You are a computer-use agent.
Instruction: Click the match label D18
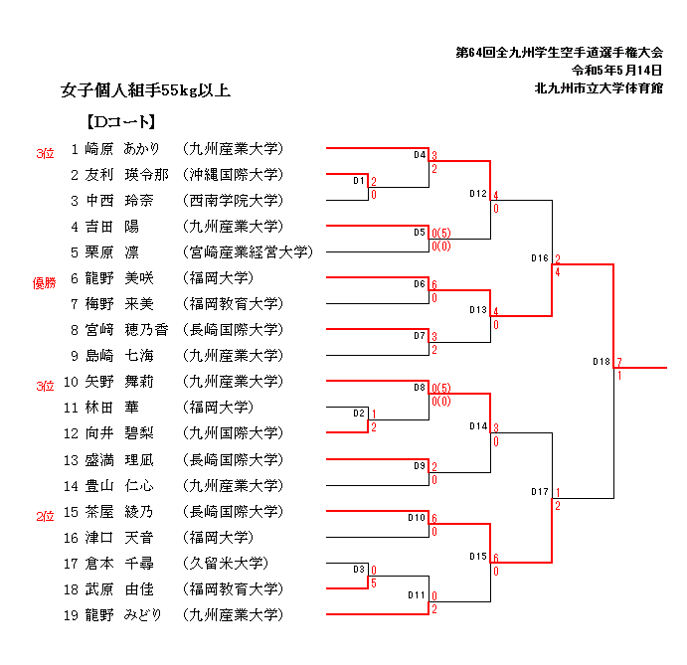tap(601, 362)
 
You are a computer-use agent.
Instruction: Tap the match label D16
tap(540, 258)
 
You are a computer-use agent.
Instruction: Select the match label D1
tap(359, 181)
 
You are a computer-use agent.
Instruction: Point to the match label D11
tap(417, 594)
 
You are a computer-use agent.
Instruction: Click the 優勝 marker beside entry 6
tap(44, 283)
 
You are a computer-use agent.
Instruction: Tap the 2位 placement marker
tap(45, 516)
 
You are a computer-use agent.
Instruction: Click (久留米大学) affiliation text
tap(228, 563)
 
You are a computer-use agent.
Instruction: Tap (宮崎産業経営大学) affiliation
tap(248, 252)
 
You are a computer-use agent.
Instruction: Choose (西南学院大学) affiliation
tap(233, 201)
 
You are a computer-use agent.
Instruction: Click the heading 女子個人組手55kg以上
tap(145, 91)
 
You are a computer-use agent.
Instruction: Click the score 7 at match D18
tap(618, 361)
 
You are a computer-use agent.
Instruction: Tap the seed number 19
tap(71, 614)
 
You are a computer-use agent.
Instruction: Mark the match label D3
tap(359, 569)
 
